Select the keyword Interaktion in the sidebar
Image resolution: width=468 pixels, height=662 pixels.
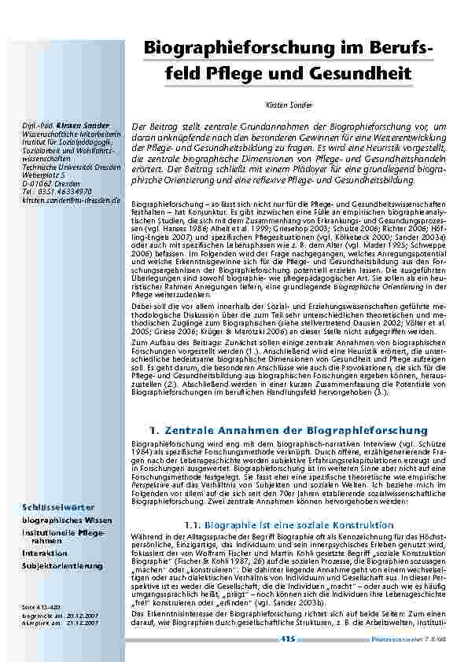tap(44, 554)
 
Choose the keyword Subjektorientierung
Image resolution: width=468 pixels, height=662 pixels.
tap(61, 565)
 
